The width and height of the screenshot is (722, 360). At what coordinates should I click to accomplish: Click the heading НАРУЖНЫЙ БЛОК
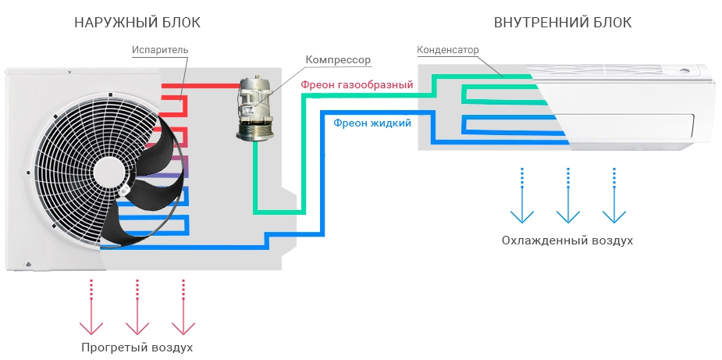pos(137,23)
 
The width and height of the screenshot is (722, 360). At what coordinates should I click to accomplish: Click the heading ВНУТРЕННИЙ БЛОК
pos(563,23)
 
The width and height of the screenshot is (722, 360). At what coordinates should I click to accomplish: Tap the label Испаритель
pos(159,50)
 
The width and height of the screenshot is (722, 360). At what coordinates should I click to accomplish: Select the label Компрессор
pos(337,60)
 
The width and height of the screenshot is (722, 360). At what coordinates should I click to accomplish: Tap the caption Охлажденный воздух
pos(567,240)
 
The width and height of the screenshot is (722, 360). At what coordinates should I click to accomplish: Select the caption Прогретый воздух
pos(137,347)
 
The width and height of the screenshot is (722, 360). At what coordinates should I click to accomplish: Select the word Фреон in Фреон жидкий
pos(351,123)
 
